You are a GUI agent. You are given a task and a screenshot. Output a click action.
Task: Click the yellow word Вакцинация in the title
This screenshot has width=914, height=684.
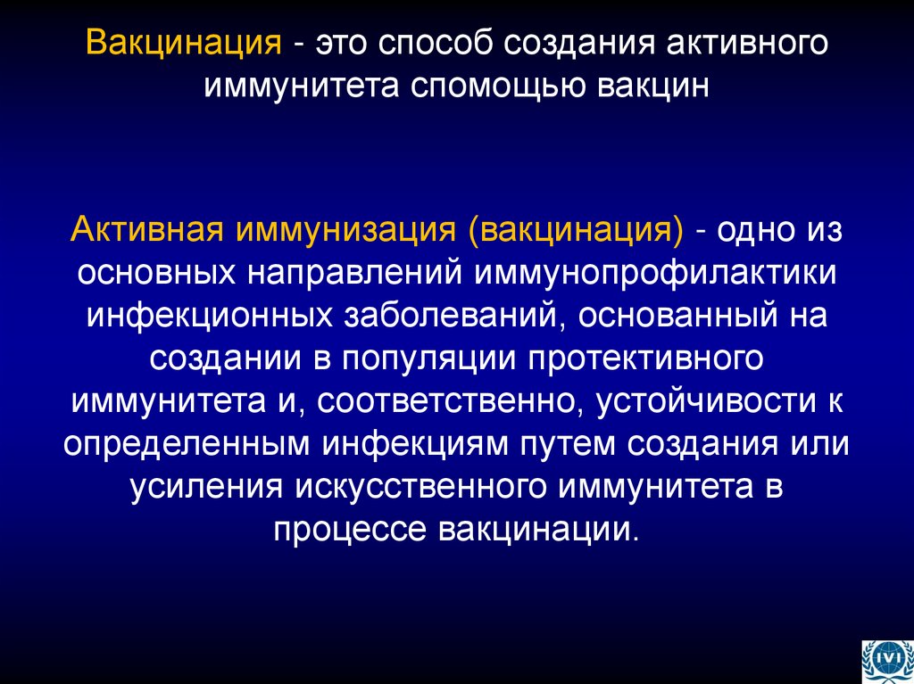(x=183, y=44)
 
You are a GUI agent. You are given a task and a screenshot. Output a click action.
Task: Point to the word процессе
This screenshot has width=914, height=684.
(x=351, y=529)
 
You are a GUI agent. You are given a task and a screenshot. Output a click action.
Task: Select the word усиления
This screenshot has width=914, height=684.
(x=202, y=486)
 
